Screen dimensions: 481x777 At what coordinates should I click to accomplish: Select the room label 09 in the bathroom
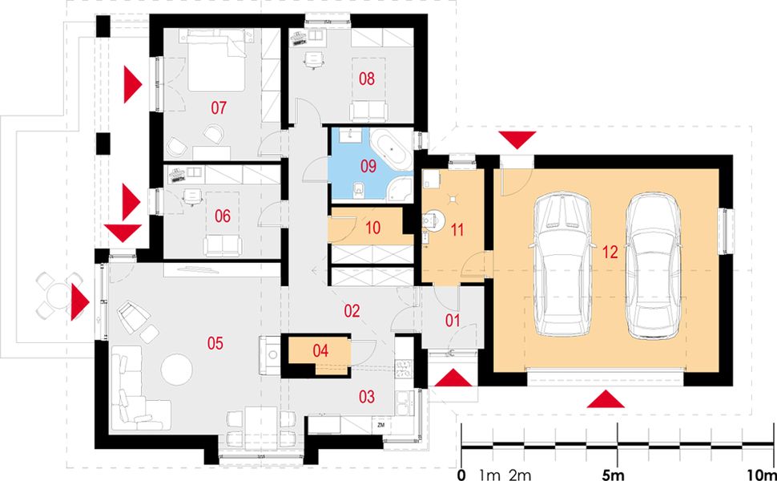368,167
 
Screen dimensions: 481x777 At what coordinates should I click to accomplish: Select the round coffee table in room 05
176,370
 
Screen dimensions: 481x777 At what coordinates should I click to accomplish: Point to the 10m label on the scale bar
759,474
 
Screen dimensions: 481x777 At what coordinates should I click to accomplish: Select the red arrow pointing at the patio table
79,302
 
